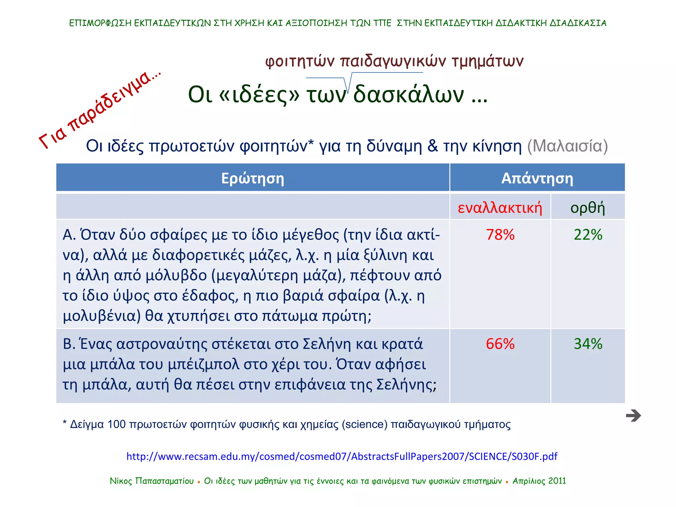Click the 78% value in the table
500,235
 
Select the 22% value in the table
588,235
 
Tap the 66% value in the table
500,344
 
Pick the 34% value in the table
588,344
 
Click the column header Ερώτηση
253,178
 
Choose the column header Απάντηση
537,178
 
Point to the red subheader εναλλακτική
500,208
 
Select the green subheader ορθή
588,208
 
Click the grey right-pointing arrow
633,416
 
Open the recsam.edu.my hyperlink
342,456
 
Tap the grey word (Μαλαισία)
567,146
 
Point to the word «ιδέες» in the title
259,95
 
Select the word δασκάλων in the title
409,95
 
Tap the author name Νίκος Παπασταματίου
152,481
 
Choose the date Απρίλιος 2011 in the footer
539,481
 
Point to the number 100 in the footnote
116,424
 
